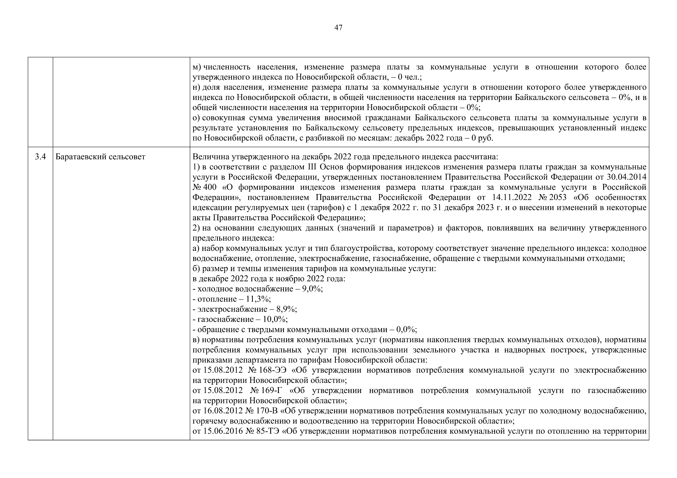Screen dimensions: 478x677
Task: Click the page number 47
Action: click(338, 28)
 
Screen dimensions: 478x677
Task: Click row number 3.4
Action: click(40, 157)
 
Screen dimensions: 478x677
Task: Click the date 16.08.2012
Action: click(223, 411)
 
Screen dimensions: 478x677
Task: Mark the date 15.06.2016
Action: click(223, 431)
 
